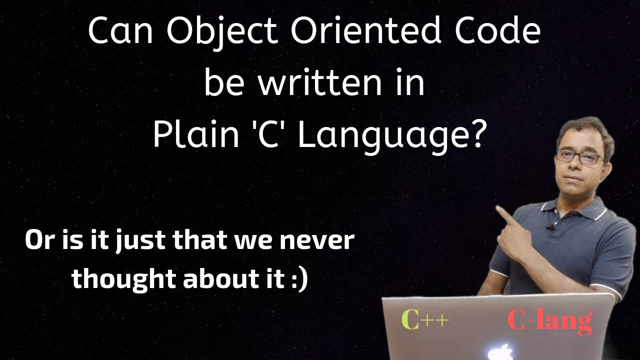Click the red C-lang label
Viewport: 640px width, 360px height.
(x=549, y=321)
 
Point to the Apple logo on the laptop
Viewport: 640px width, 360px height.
(x=503, y=351)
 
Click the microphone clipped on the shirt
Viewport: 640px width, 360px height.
(x=550, y=227)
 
